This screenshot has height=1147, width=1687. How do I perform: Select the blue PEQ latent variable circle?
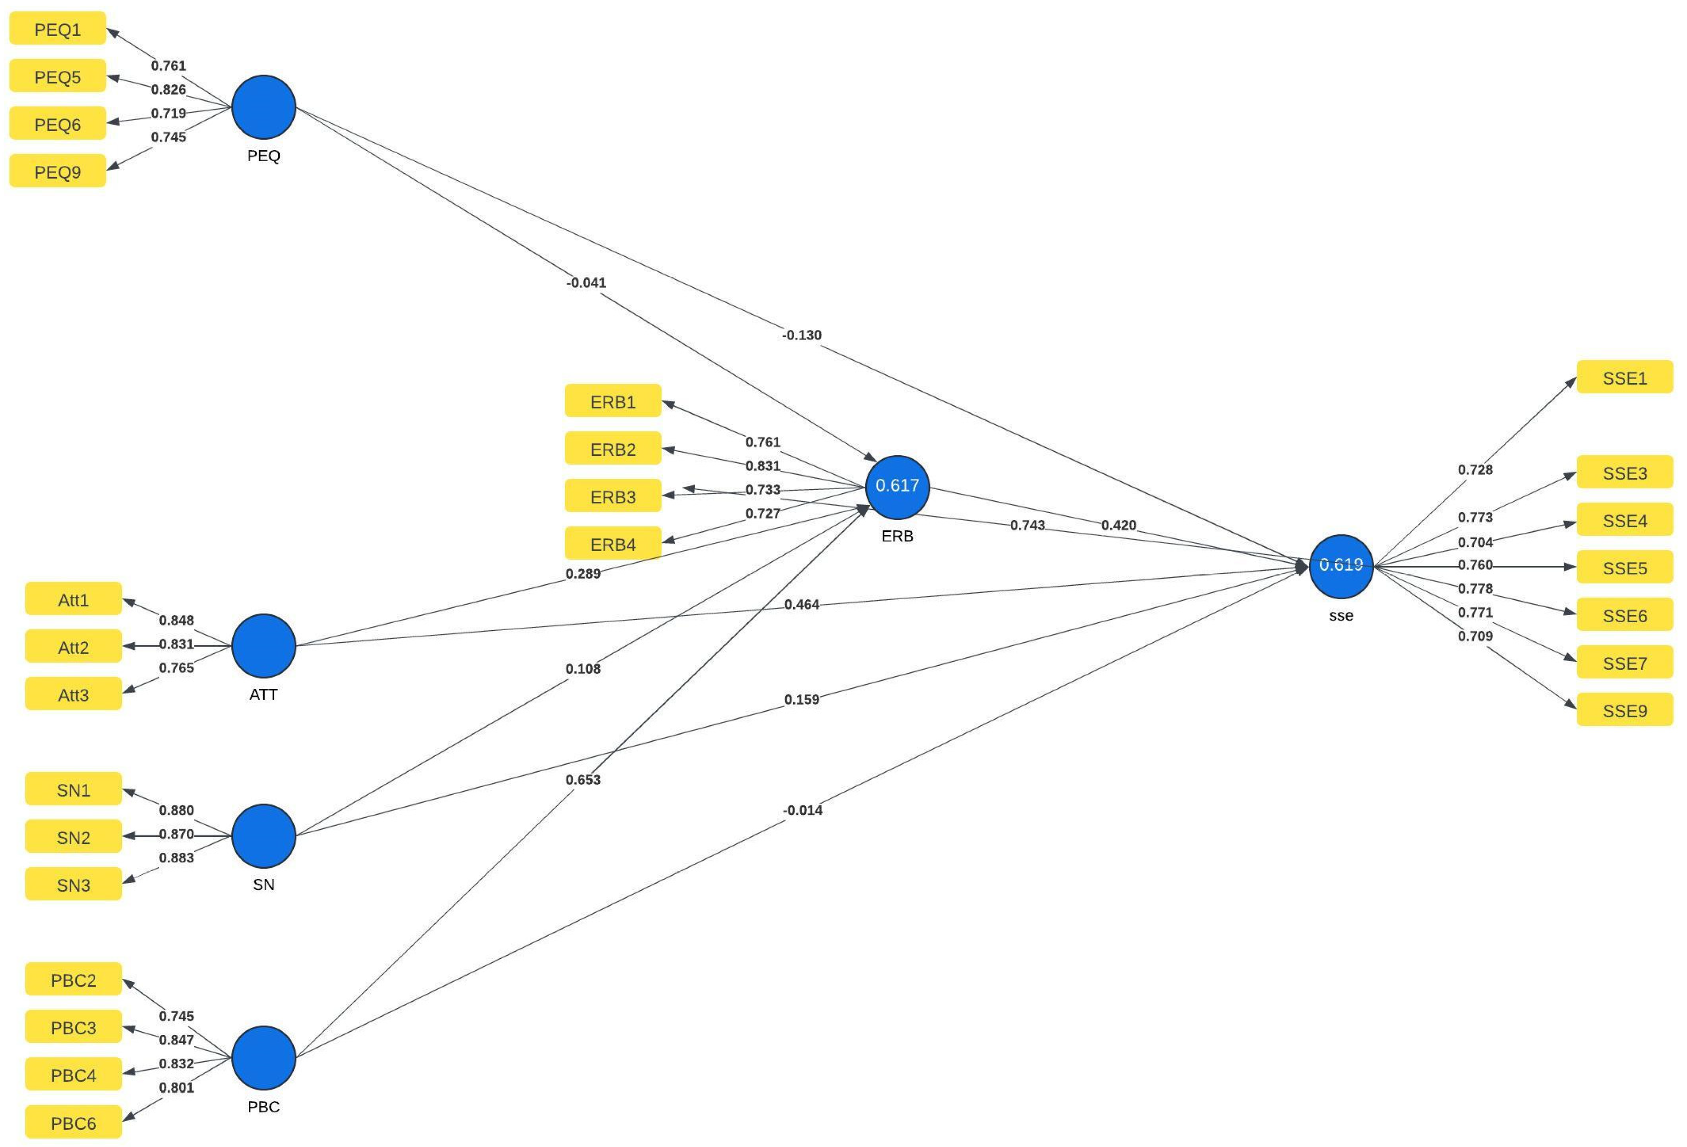[x=263, y=107]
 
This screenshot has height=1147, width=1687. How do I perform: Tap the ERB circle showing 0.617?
[x=897, y=486]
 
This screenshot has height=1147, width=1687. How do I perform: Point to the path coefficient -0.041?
[x=586, y=283]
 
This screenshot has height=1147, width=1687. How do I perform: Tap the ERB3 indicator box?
[x=613, y=497]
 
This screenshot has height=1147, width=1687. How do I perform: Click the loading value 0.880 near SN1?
[x=177, y=810]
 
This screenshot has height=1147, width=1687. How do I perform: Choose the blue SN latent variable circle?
[x=263, y=835]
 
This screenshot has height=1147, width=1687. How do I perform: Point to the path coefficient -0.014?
[x=802, y=810]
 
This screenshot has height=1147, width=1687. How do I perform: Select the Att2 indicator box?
[x=73, y=647]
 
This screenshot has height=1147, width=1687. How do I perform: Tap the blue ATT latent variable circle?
[x=263, y=645]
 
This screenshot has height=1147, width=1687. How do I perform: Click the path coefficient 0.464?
[x=802, y=604]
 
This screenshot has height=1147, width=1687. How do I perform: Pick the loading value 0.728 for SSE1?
[x=1475, y=469]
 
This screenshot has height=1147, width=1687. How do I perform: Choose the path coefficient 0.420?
[x=1118, y=525]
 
